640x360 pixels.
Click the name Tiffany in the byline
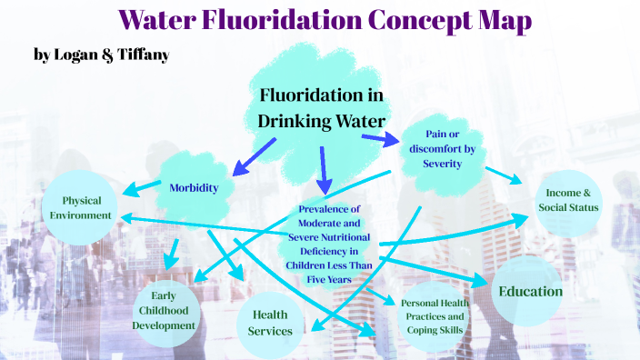pyautogui.click(x=143, y=55)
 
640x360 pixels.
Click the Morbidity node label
pyautogui.click(x=195, y=188)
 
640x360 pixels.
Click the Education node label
pyautogui.click(x=530, y=291)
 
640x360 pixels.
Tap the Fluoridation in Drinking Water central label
pyautogui.click(x=320, y=108)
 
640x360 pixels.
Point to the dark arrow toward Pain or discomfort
pyautogui.click(x=380, y=139)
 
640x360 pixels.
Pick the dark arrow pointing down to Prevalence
pyautogui.click(x=323, y=170)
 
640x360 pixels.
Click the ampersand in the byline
pyautogui.click(x=108, y=55)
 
